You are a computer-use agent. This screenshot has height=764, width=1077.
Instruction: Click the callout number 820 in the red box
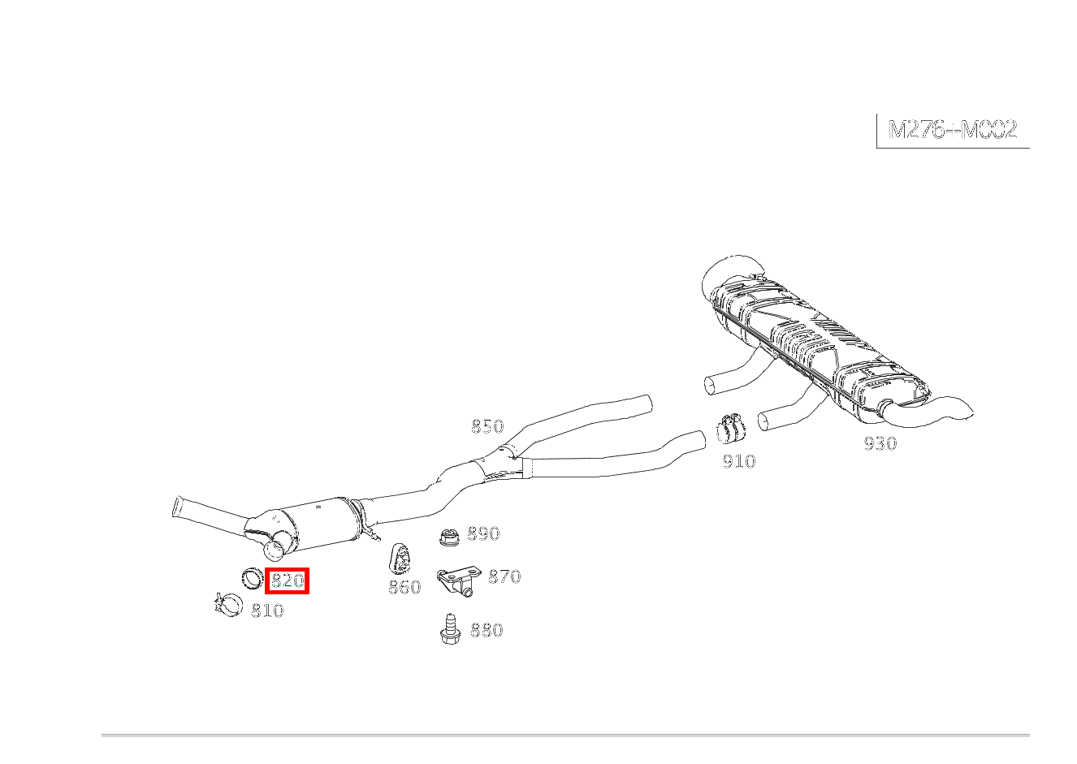(288, 581)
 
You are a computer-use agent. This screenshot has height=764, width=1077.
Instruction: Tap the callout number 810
(267, 611)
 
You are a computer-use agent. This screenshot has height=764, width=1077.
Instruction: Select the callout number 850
(487, 426)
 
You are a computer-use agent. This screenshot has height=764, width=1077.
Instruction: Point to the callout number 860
(404, 587)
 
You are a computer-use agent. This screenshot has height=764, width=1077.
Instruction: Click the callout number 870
(504, 576)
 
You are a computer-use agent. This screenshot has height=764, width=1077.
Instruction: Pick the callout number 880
(487, 630)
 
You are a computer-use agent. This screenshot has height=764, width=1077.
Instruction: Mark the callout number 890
(484, 533)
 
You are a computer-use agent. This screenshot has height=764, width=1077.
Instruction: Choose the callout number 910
(739, 461)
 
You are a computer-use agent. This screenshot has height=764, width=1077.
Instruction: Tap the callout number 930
(880, 443)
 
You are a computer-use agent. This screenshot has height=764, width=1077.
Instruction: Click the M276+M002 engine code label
(953, 130)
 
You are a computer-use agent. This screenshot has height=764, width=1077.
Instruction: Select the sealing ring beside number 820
(253, 579)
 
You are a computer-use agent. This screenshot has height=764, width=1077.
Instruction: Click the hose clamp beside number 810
(228, 606)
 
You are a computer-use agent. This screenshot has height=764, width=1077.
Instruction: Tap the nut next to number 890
(449, 536)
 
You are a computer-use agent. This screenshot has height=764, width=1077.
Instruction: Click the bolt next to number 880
(450, 629)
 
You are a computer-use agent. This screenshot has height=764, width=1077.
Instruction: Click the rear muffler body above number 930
(817, 347)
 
